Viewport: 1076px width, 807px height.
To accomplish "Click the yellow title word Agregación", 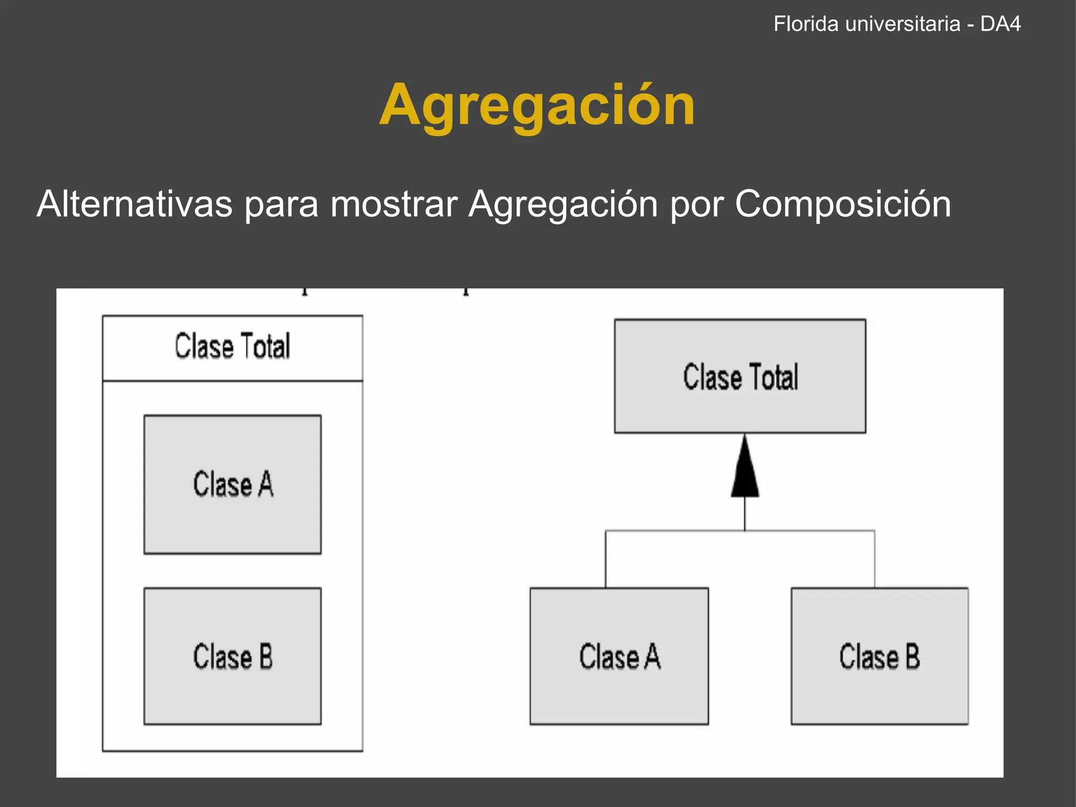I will pyautogui.click(x=537, y=106).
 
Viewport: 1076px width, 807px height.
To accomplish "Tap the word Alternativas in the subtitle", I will pyautogui.click(x=134, y=204).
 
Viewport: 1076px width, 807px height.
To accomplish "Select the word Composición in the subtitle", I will pyautogui.click(x=843, y=205).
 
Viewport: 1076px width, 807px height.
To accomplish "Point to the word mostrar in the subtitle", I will pyautogui.click(x=394, y=205).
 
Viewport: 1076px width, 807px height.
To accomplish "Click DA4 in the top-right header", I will pyautogui.click(x=1000, y=24).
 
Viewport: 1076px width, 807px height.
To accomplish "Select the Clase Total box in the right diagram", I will pyautogui.click(x=740, y=376).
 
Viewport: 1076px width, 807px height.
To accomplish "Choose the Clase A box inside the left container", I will pyautogui.click(x=232, y=484).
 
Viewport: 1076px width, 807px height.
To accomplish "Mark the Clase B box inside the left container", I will pyautogui.click(x=232, y=657).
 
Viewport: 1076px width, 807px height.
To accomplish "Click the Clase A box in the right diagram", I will pyautogui.click(x=619, y=657).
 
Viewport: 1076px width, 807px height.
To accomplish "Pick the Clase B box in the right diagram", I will pyautogui.click(x=880, y=657).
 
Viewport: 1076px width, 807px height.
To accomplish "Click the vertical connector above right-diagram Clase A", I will pyautogui.click(x=606, y=559).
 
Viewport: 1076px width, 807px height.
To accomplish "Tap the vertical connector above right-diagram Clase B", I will pyautogui.click(x=875, y=559).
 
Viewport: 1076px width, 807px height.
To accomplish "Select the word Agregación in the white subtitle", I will pyautogui.click(x=563, y=205).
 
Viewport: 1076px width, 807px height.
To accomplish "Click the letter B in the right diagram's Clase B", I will pyautogui.click(x=913, y=657).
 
